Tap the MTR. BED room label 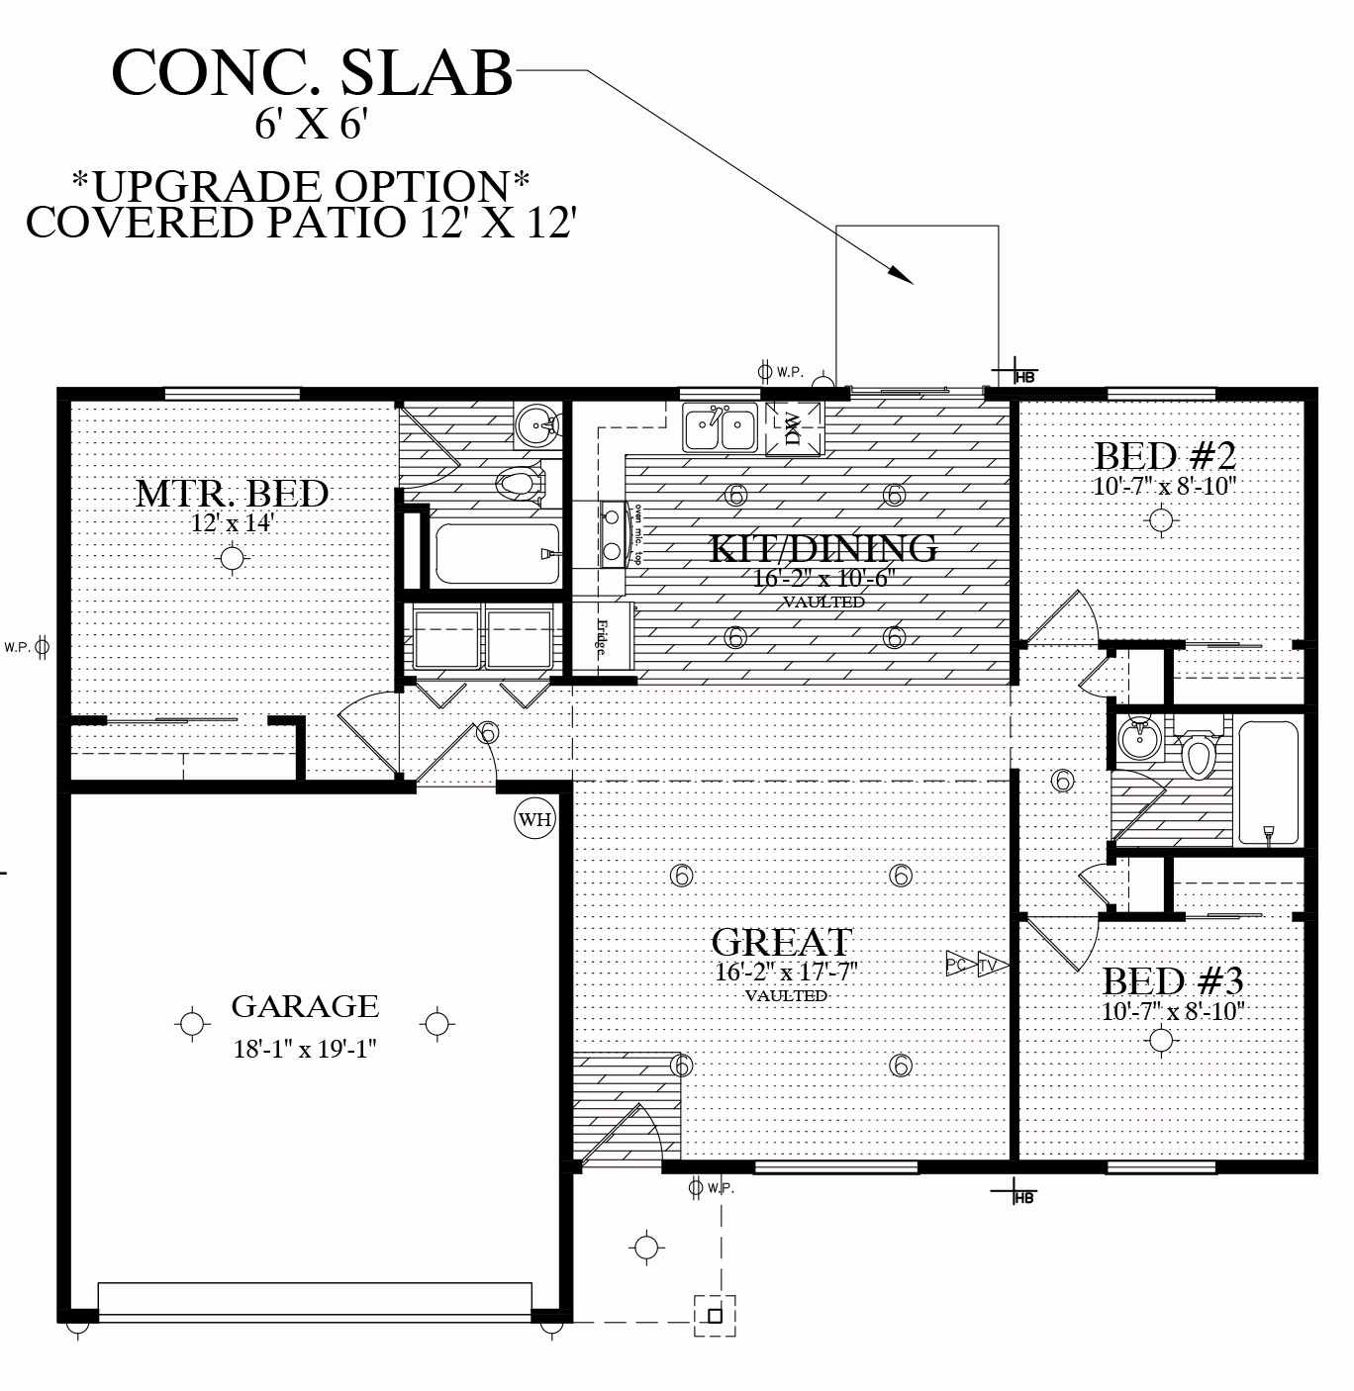pos(232,493)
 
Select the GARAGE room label pos(305,1006)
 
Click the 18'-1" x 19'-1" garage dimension pos(305,1049)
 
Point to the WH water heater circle pos(535,819)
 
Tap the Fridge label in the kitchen pos(601,638)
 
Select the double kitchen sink pos(720,428)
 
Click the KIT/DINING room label pos(823,547)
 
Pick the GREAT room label pos(782,941)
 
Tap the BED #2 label pos(1165,456)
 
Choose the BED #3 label pos(1173,981)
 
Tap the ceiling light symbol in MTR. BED pos(233,559)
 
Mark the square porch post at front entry pos(714,1316)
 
